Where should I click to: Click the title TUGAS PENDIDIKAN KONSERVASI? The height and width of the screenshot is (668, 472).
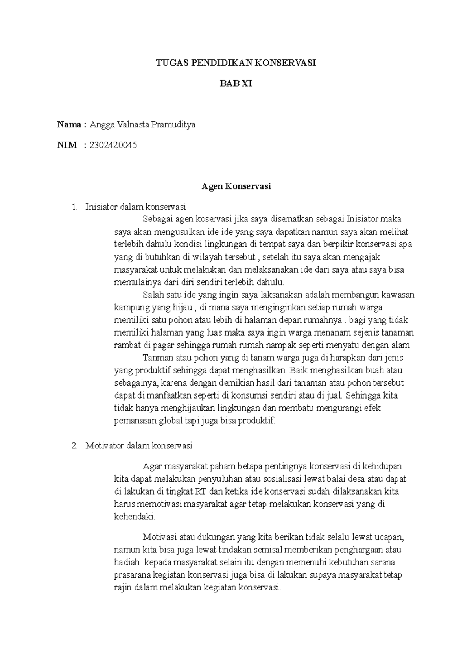tap(236, 63)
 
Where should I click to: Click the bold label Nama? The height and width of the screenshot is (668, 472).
tap(69, 125)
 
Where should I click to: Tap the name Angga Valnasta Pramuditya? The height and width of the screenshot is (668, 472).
tap(142, 125)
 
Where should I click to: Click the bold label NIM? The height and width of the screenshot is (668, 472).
tap(67, 146)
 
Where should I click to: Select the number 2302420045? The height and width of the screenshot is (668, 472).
tap(113, 146)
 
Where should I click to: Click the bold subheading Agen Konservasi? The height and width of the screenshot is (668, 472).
tap(236, 186)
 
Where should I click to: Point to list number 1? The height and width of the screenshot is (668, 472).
tap(75, 207)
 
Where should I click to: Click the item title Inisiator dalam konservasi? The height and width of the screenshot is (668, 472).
tap(135, 207)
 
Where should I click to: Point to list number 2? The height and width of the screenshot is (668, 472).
tap(75, 446)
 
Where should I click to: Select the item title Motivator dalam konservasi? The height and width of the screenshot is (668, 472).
tap(138, 446)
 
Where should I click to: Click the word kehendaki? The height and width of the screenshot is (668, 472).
tap(134, 517)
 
